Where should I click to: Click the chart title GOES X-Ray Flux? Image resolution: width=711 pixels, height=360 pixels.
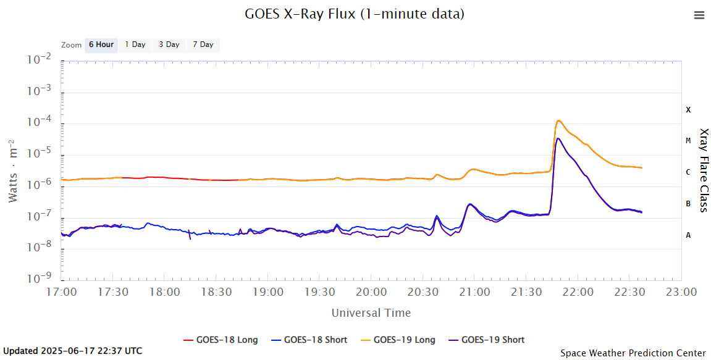355,14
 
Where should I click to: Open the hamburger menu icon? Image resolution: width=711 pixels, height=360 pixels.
699,15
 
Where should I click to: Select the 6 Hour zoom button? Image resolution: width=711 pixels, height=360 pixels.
101,44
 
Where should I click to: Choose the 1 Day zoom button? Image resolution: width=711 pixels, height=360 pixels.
135,44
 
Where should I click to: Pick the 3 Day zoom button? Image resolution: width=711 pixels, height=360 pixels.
169,44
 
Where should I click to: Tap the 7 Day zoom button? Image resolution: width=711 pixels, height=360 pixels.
203,44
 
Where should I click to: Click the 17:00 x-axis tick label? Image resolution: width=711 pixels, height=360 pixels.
62,291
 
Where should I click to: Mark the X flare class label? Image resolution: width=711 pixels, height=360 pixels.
688,110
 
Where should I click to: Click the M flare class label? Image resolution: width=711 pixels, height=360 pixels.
688,141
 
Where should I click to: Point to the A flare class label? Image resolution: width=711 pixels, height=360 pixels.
688,235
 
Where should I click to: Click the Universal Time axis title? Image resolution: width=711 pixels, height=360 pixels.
371,313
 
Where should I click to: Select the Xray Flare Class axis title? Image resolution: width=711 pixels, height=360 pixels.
703,170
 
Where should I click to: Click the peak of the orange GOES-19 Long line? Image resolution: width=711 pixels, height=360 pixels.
558,120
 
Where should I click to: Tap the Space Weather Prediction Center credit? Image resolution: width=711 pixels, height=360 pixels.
633,353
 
